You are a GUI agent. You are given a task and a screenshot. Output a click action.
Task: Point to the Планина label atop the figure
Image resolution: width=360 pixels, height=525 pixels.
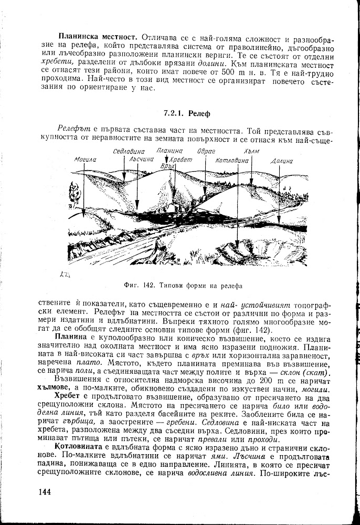tap(168, 151)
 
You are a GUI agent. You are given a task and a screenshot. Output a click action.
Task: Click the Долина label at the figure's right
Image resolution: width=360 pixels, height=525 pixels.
tap(282, 161)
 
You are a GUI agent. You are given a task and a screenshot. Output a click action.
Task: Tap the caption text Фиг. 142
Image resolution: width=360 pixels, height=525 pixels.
tap(137, 286)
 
